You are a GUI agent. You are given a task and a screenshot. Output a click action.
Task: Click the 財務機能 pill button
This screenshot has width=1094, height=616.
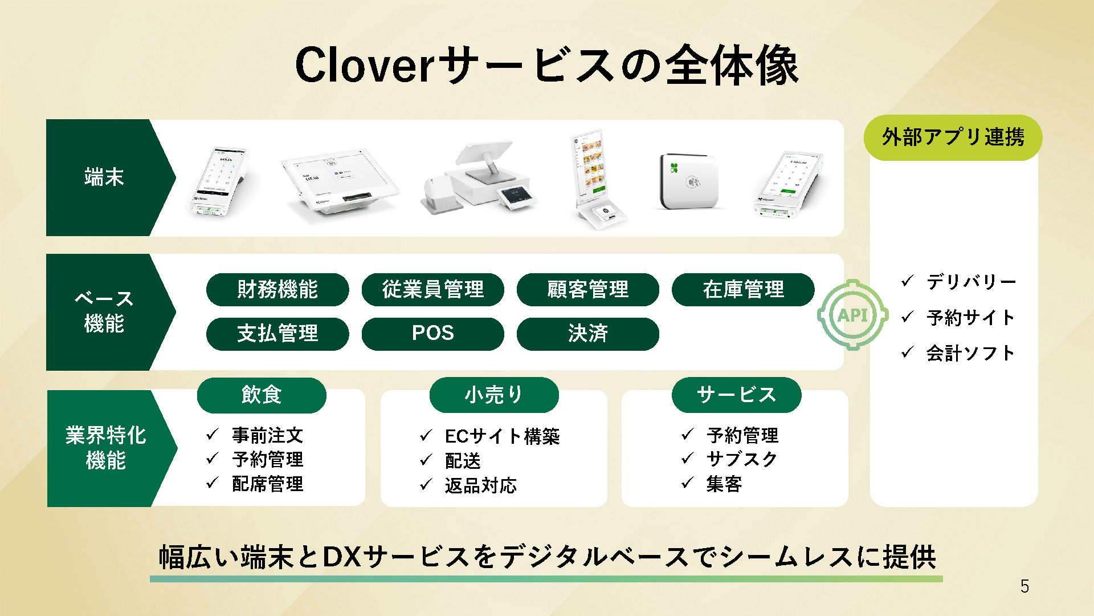click(277, 289)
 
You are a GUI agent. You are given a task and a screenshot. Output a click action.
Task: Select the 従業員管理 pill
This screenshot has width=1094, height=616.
click(433, 289)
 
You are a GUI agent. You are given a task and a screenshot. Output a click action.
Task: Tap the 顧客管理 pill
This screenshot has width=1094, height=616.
click(588, 289)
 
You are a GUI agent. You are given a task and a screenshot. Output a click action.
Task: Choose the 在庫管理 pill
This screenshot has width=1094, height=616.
click(743, 289)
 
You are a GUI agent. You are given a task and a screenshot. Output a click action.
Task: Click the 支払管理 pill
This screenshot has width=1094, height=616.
click(277, 334)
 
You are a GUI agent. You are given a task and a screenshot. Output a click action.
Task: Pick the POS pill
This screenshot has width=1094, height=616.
click(433, 334)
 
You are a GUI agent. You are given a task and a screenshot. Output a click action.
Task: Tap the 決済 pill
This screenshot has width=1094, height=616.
click(588, 334)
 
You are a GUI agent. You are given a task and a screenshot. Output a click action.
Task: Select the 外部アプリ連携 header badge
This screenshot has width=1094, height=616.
click(953, 137)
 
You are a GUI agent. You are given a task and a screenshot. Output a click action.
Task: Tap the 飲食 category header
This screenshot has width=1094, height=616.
click(262, 395)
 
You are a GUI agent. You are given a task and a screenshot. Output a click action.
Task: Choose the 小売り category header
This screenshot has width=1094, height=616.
click(494, 395)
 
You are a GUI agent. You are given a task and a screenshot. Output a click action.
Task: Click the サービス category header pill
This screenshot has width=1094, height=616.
click(737, 395)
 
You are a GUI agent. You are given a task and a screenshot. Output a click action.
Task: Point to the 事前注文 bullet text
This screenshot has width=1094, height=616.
click(268, 435)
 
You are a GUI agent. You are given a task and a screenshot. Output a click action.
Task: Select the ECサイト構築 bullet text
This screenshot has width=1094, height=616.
click(503, 436)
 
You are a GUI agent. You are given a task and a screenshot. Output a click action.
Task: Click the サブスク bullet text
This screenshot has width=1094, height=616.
click(742, 459)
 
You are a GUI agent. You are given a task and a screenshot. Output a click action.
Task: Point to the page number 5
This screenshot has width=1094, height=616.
click(1024, 586)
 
